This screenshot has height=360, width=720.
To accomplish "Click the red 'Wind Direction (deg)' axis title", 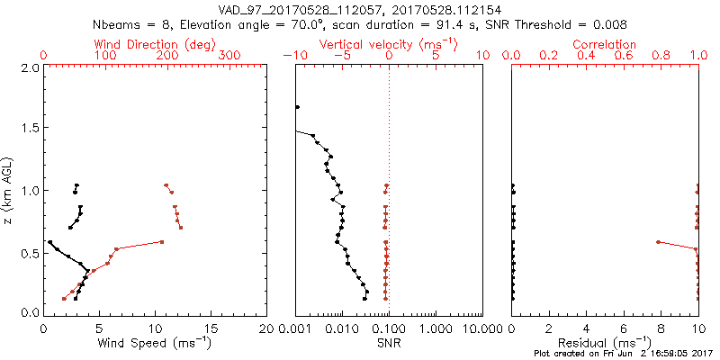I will pyautogui.click(x=156, y=44).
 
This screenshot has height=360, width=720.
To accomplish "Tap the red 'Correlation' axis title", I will pyautogui.click(x=606, y=44).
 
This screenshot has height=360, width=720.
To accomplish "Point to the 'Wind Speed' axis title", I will pyautogui.click(x=156, y=343).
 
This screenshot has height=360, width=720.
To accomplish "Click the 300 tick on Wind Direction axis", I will pyautogui.click(x=230, y=56).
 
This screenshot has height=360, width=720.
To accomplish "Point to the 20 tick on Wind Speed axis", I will pyautogui.click(x=267, y=330).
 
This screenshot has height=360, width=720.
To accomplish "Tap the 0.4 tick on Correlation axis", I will pyautogui.click(x=587, y=56).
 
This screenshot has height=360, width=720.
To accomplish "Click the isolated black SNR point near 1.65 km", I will pyautogui.click(x=297, y=107).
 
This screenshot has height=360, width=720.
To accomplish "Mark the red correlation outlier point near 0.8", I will pyautogui.click(x=659, y=241).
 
